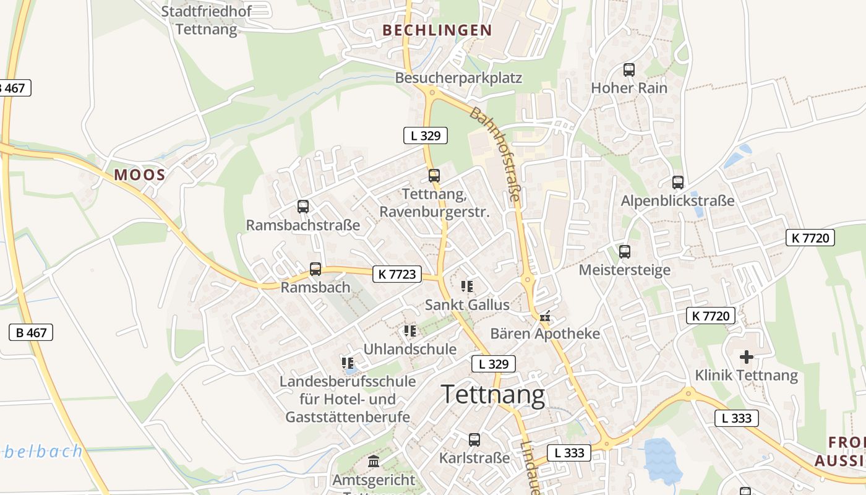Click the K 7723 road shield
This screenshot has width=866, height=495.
(397, 273)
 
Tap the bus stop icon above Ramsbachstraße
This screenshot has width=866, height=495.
(302, 207)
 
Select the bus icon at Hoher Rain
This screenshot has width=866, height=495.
(629, 70)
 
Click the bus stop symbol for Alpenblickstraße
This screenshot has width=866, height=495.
(678, 183)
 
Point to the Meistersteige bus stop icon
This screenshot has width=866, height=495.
(625, 252)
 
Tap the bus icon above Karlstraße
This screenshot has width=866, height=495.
(474, 440)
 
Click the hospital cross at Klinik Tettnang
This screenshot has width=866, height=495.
(747, 356)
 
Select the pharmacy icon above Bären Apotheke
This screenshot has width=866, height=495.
(545, 316)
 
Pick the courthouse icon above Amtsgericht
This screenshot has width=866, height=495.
(374, 461)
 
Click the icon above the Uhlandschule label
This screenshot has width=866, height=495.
(410, 332)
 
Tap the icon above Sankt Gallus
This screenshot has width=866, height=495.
(467, 286)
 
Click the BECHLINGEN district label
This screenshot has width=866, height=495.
(437, 30)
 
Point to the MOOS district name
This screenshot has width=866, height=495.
(140, 174)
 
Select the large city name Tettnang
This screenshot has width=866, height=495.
(493, 394)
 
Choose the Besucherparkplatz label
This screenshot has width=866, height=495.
(458, 78)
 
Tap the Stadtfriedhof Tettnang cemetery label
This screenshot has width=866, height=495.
(206, 20)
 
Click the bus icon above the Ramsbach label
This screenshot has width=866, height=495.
(315, 269)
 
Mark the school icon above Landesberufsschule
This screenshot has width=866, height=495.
(348, 363)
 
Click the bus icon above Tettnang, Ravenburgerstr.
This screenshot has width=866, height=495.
(434, 176)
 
